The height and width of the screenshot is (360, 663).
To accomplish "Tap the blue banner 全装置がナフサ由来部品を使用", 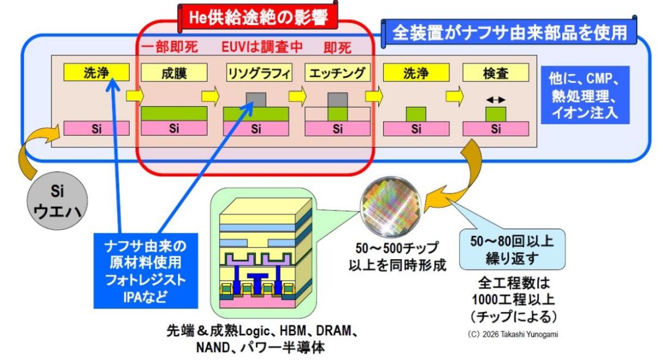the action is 509,32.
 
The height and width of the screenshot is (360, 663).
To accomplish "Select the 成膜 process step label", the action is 174,72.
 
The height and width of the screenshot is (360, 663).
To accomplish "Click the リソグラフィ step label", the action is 259,72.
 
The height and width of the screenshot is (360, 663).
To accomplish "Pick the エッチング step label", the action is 337,72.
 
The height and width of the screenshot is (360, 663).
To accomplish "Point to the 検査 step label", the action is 495,72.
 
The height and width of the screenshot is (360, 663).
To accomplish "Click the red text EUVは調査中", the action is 262,47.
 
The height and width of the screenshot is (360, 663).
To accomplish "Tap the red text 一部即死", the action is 169,47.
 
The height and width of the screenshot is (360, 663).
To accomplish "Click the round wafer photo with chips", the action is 390,206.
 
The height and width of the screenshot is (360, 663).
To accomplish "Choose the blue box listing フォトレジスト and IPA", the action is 146,271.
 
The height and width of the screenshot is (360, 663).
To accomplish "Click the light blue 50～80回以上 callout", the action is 512,249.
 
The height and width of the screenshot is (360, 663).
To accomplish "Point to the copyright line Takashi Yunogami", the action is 513,334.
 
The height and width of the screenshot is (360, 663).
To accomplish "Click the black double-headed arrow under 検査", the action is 495,100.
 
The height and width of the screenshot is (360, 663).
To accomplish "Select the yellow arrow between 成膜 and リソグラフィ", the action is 211,96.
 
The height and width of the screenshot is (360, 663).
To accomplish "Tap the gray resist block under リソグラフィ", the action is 256,100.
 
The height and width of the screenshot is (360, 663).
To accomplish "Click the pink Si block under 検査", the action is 495,128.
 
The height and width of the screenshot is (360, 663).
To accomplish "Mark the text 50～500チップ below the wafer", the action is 390,248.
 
